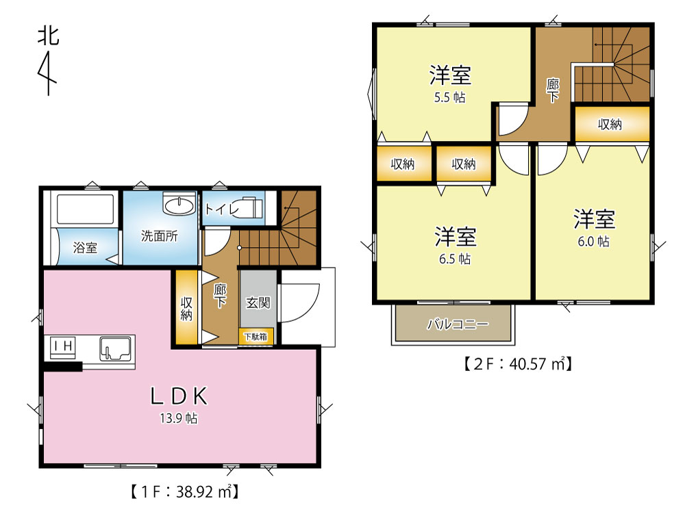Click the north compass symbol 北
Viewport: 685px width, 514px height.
point(48,36)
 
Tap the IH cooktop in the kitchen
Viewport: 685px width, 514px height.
point(63,347)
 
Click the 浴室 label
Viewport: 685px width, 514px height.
point(85,248)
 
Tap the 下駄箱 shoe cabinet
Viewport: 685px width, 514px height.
point(256,337)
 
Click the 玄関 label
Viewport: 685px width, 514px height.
point(258,303)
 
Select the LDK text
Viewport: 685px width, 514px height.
point(179,396)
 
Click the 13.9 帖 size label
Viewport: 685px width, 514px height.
point(179,418)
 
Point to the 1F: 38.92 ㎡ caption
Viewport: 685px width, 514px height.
point(184,491)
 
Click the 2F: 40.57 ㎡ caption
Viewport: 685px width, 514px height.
point(518,363)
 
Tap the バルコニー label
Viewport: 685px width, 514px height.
point(458,324)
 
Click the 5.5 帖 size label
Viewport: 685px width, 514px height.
point(449,97)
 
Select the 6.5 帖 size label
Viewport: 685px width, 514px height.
point(455,259)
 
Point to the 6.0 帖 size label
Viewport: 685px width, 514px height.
point(593,242)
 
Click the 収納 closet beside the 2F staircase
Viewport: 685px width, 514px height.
point(612,124)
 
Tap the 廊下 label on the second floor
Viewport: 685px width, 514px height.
point(553,90)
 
